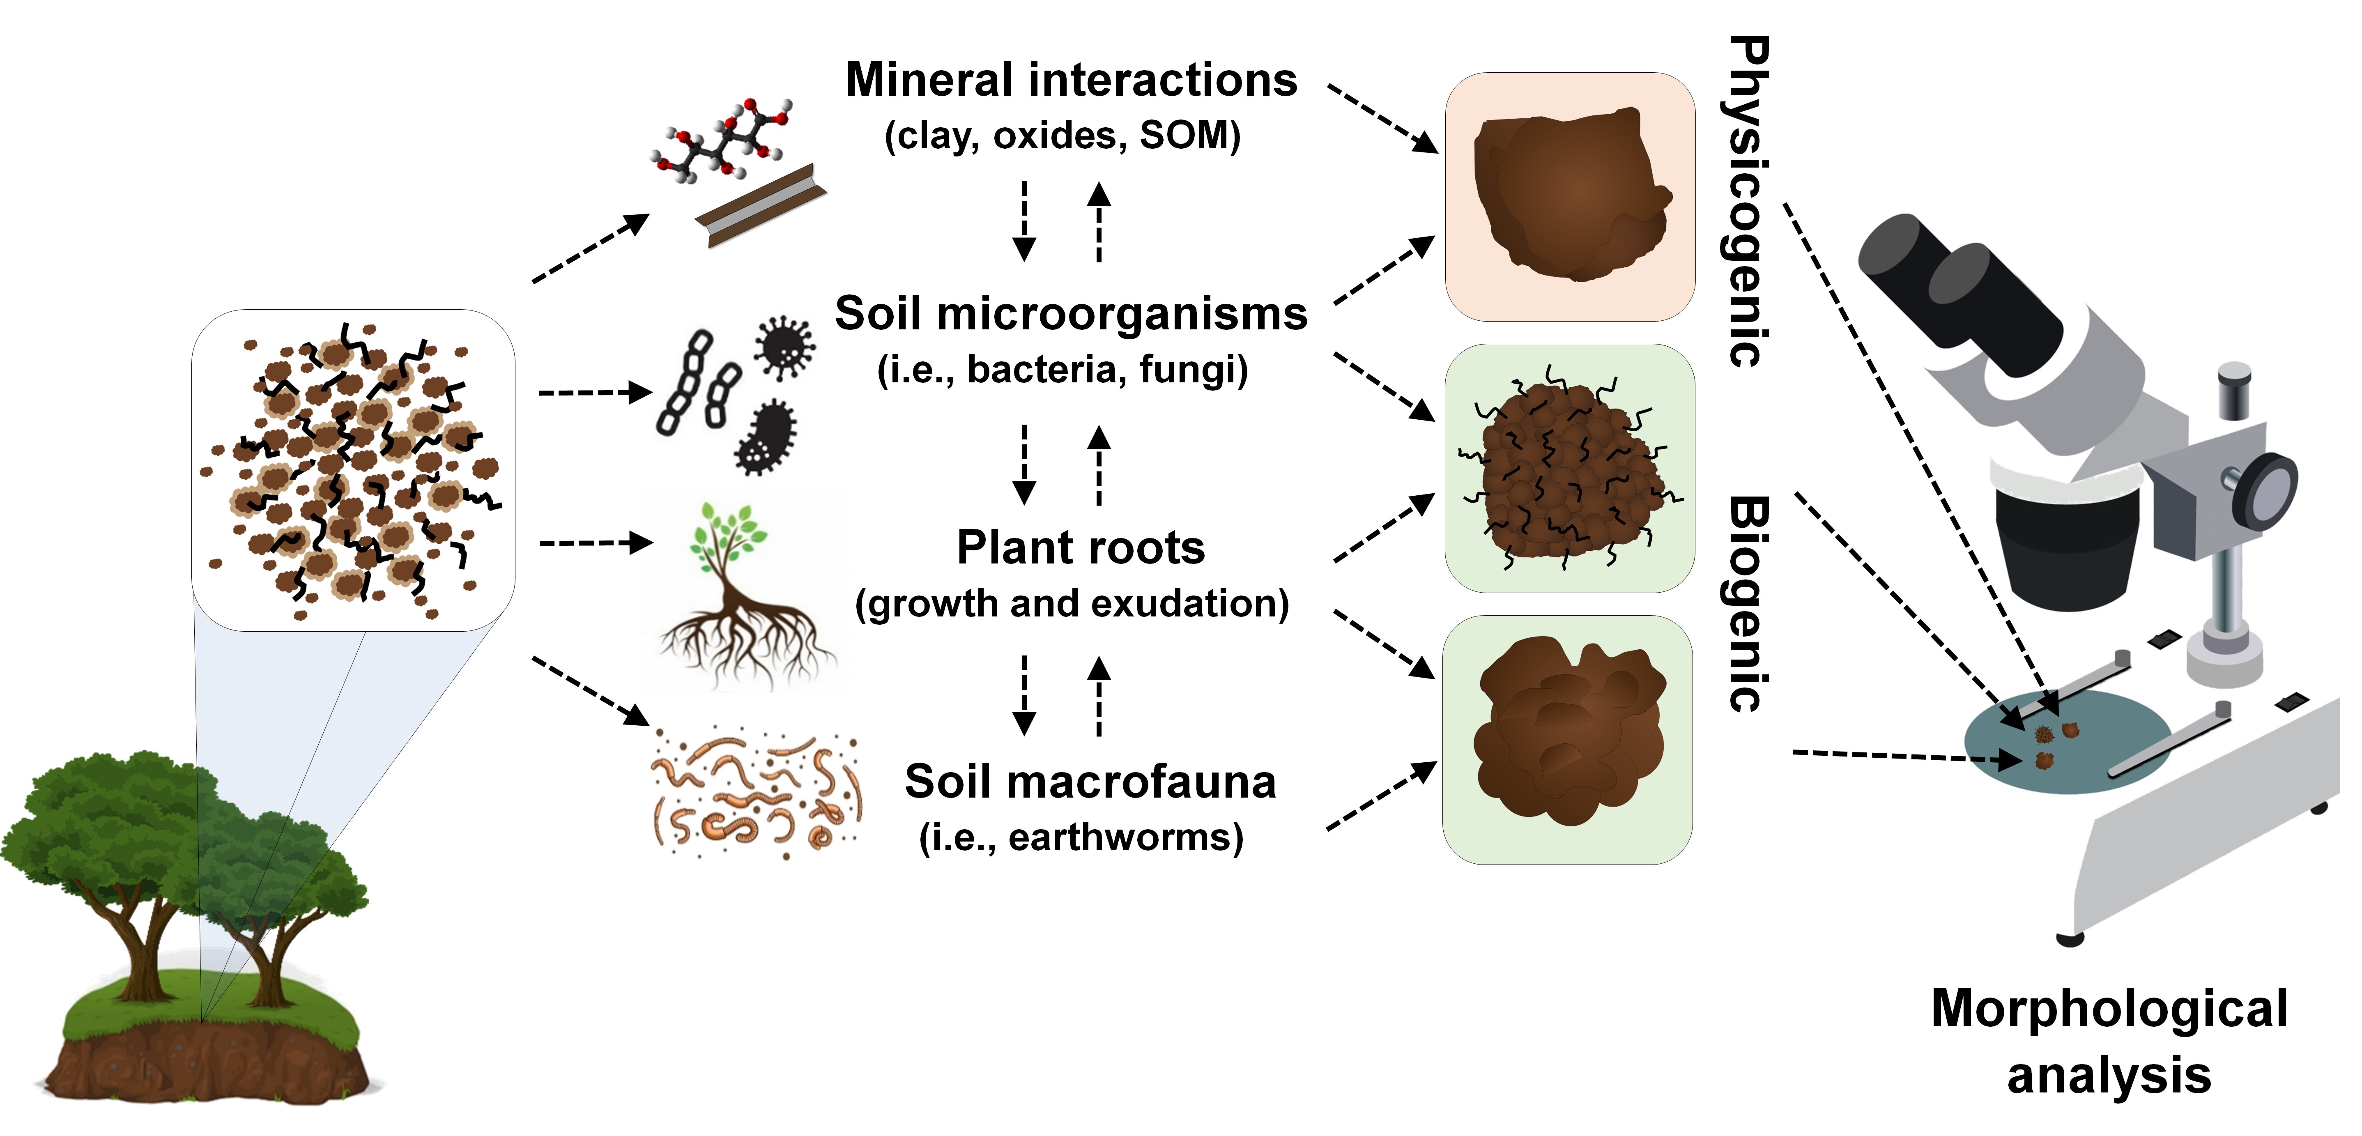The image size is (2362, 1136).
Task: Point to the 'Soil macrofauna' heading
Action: [x=1089, y=782]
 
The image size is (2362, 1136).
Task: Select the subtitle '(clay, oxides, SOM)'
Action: [x=1062, y=136]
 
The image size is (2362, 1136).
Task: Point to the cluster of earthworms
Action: [x=757, y=793]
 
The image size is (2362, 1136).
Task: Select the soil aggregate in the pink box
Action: [x=1570, y=194]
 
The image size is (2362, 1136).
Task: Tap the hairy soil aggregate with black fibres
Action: [x=1570, y=469]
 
